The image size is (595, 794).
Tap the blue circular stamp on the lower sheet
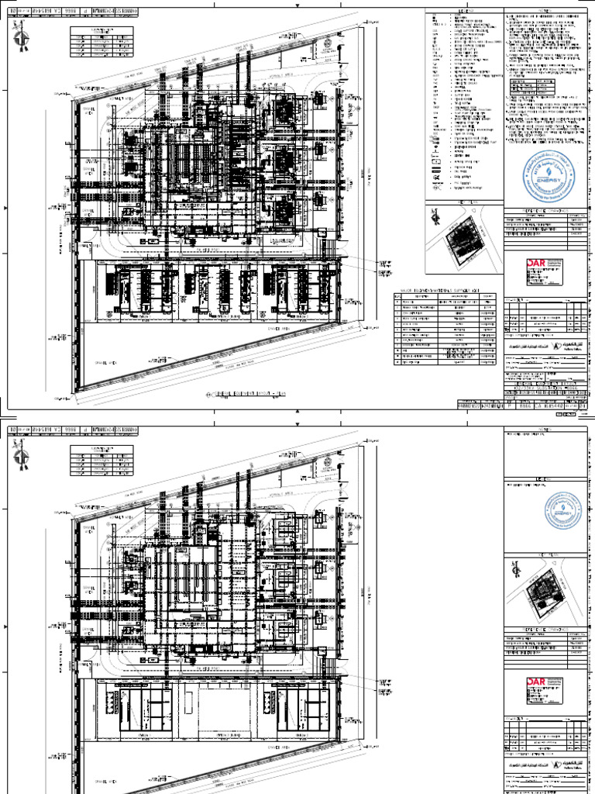(567, 512)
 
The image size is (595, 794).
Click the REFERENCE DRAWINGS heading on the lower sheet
(545, 630)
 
